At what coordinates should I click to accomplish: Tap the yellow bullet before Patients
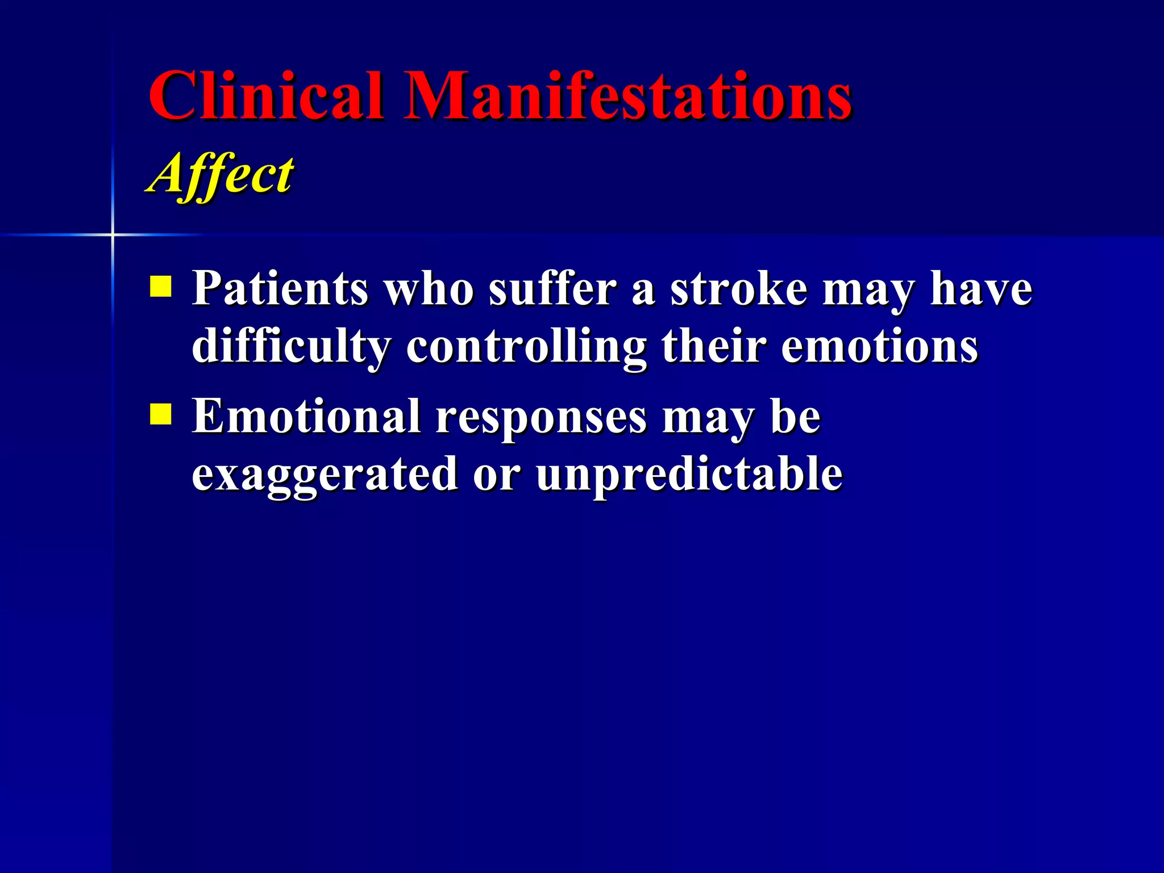(x=161, y=287)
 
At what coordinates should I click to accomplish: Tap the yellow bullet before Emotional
(x=161, y=414)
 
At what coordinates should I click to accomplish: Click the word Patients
(x=280, y=289)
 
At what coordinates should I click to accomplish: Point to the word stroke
(x=738, y=289)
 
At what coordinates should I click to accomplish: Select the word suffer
(x=552, y=289)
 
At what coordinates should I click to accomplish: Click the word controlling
(x=526, y=347)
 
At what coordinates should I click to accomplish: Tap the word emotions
(x=879, y=347)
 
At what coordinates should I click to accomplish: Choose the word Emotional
(x=307, y=417)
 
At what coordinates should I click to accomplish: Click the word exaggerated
(x=325, y=475)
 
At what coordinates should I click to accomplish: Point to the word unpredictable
(x=689, y=475)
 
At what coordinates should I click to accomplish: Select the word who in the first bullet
(x=429, y=289)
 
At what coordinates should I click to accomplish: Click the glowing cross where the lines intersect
(x=113, y=234)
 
